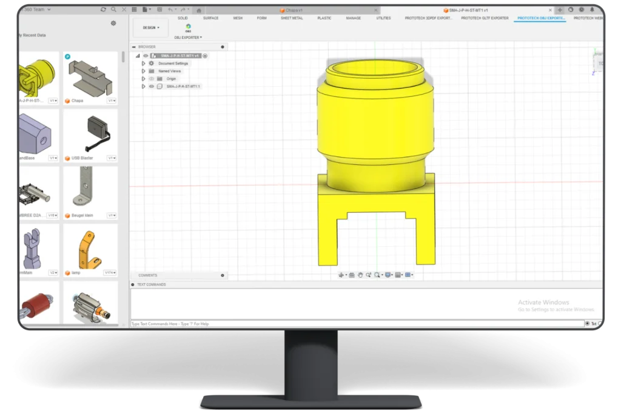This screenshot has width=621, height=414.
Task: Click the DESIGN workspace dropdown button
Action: (x=150, y=27)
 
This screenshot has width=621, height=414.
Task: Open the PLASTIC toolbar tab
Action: (x=324, y=18)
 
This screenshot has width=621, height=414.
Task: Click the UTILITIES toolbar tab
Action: (x=383, y=18)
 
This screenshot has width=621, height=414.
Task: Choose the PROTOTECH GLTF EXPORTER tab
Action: (x=485, y=18)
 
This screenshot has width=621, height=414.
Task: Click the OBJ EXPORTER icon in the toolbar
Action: (x=188, y=27)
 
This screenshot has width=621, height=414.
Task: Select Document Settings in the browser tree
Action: (x=173, y=63)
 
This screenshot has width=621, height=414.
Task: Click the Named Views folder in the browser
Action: (x=169, y=71)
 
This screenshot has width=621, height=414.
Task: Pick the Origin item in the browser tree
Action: (x=171, y=79)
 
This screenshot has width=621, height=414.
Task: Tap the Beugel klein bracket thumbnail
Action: (x=90, y=189)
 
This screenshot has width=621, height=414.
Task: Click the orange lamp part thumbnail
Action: (x=90, y=246)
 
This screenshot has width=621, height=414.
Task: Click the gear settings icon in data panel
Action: (x=113, y=23)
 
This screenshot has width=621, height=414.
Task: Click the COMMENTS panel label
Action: (x=147, y=275)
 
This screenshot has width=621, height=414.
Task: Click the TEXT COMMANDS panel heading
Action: (x=151, y=284)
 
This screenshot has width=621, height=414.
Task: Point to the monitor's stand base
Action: (x=310, y=401)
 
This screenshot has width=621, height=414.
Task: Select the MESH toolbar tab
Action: (x=238, y=18)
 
